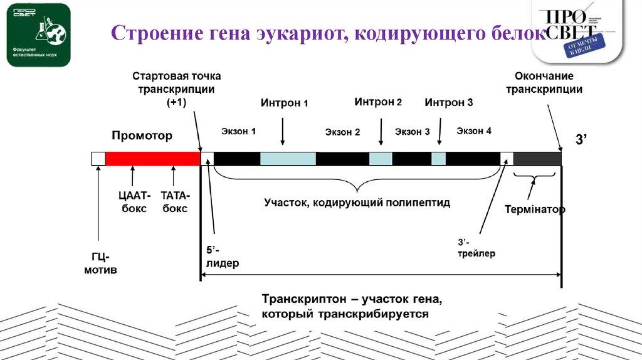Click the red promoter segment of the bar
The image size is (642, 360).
(x=152, y=158)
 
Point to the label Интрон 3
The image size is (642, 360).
(x=448, y=102)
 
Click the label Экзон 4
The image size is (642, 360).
(x=474, y=131)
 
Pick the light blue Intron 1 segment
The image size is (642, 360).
(x=288, y=158)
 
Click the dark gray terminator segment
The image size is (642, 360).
(x=537, y=158)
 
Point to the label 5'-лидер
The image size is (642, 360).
(x=223, y=257)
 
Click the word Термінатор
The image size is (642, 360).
(x=535, y=209)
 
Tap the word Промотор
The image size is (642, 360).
(x=142, y=135)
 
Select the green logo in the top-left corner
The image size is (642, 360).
(x=38, y=34)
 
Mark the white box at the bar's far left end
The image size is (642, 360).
(x=98, y=158)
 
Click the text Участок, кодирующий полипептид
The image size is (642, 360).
(x=357, y=203)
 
